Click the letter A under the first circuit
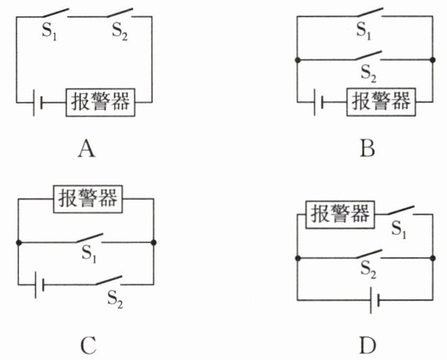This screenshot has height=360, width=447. (86, 149)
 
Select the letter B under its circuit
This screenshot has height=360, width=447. (367, 149)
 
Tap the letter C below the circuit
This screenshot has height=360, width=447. (88, 345)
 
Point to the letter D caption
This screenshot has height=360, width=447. (368, 345)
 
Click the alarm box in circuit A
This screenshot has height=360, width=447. (101, 103)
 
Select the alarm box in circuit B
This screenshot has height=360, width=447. (381, 102)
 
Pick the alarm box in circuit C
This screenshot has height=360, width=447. (88, 199)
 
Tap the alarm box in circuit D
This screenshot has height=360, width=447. (340, 215)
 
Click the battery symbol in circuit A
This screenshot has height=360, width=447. (38, 103)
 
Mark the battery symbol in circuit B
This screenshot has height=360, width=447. (319, 102)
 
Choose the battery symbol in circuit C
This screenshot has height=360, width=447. (39, 285)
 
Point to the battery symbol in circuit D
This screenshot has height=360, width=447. (375, 301)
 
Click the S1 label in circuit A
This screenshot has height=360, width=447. (49, 31)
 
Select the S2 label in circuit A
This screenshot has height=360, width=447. (120, 31)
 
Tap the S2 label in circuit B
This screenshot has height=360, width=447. (368, 74)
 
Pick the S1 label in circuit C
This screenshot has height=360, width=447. (89, 253)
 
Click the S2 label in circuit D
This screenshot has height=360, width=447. (368, 269)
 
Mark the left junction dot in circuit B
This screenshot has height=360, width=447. (298, 60)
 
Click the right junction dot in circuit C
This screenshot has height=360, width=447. (154, 242)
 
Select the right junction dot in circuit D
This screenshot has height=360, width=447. (433, 259)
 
